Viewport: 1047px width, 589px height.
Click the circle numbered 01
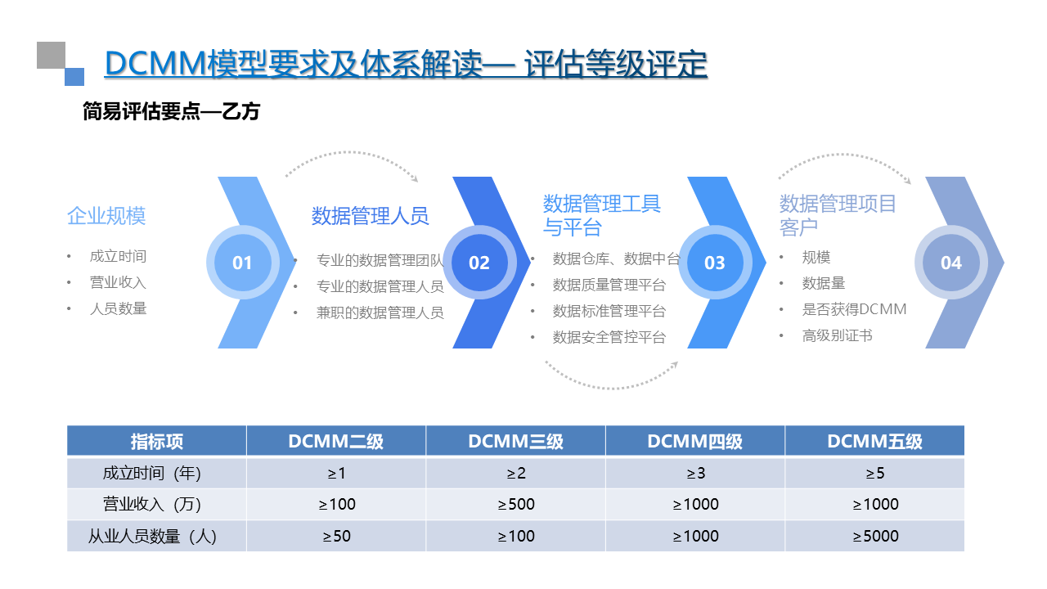tap(242, 263)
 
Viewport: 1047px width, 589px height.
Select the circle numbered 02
tap(479, 263)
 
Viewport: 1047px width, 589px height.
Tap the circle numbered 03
tap(715, 263)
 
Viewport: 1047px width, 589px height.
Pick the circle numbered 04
tap(951, 263)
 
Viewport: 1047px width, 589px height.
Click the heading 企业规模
tap(106, 216)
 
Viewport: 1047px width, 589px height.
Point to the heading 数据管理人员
tap(370, 216)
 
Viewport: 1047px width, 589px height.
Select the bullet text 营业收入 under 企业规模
tap(118, 282)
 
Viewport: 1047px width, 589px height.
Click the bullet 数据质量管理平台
tap(609, 285)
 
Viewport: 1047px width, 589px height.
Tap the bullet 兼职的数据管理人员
tap(380, 312)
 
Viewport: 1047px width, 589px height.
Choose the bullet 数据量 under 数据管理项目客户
tap(823, 283)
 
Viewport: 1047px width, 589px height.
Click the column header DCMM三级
tap(515, 442)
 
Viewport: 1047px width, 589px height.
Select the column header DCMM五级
tap(874, 442)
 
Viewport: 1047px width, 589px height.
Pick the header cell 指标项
tap(156, 442)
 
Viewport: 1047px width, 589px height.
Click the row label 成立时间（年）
tap(151, 473)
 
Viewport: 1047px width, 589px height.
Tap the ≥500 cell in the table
tap(516, 504)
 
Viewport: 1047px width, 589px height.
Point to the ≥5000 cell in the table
tap(875, 536)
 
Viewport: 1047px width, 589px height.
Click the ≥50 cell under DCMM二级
tap(336, 536)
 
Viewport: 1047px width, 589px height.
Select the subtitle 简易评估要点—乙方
tap(171, 111)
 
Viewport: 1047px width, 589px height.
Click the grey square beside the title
tap(51, 55)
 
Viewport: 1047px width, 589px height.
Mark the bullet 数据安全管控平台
tap(609, 337)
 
